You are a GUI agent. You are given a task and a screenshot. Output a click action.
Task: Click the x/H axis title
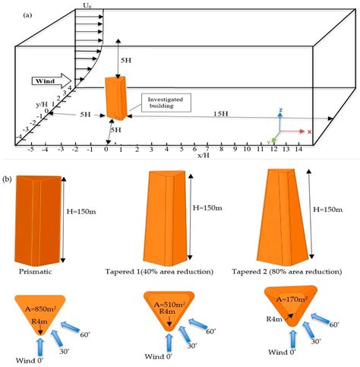pyautogui.click(x=204, y=155)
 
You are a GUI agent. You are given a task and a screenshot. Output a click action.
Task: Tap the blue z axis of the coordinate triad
pyautogui.click(x=281, y=120)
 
